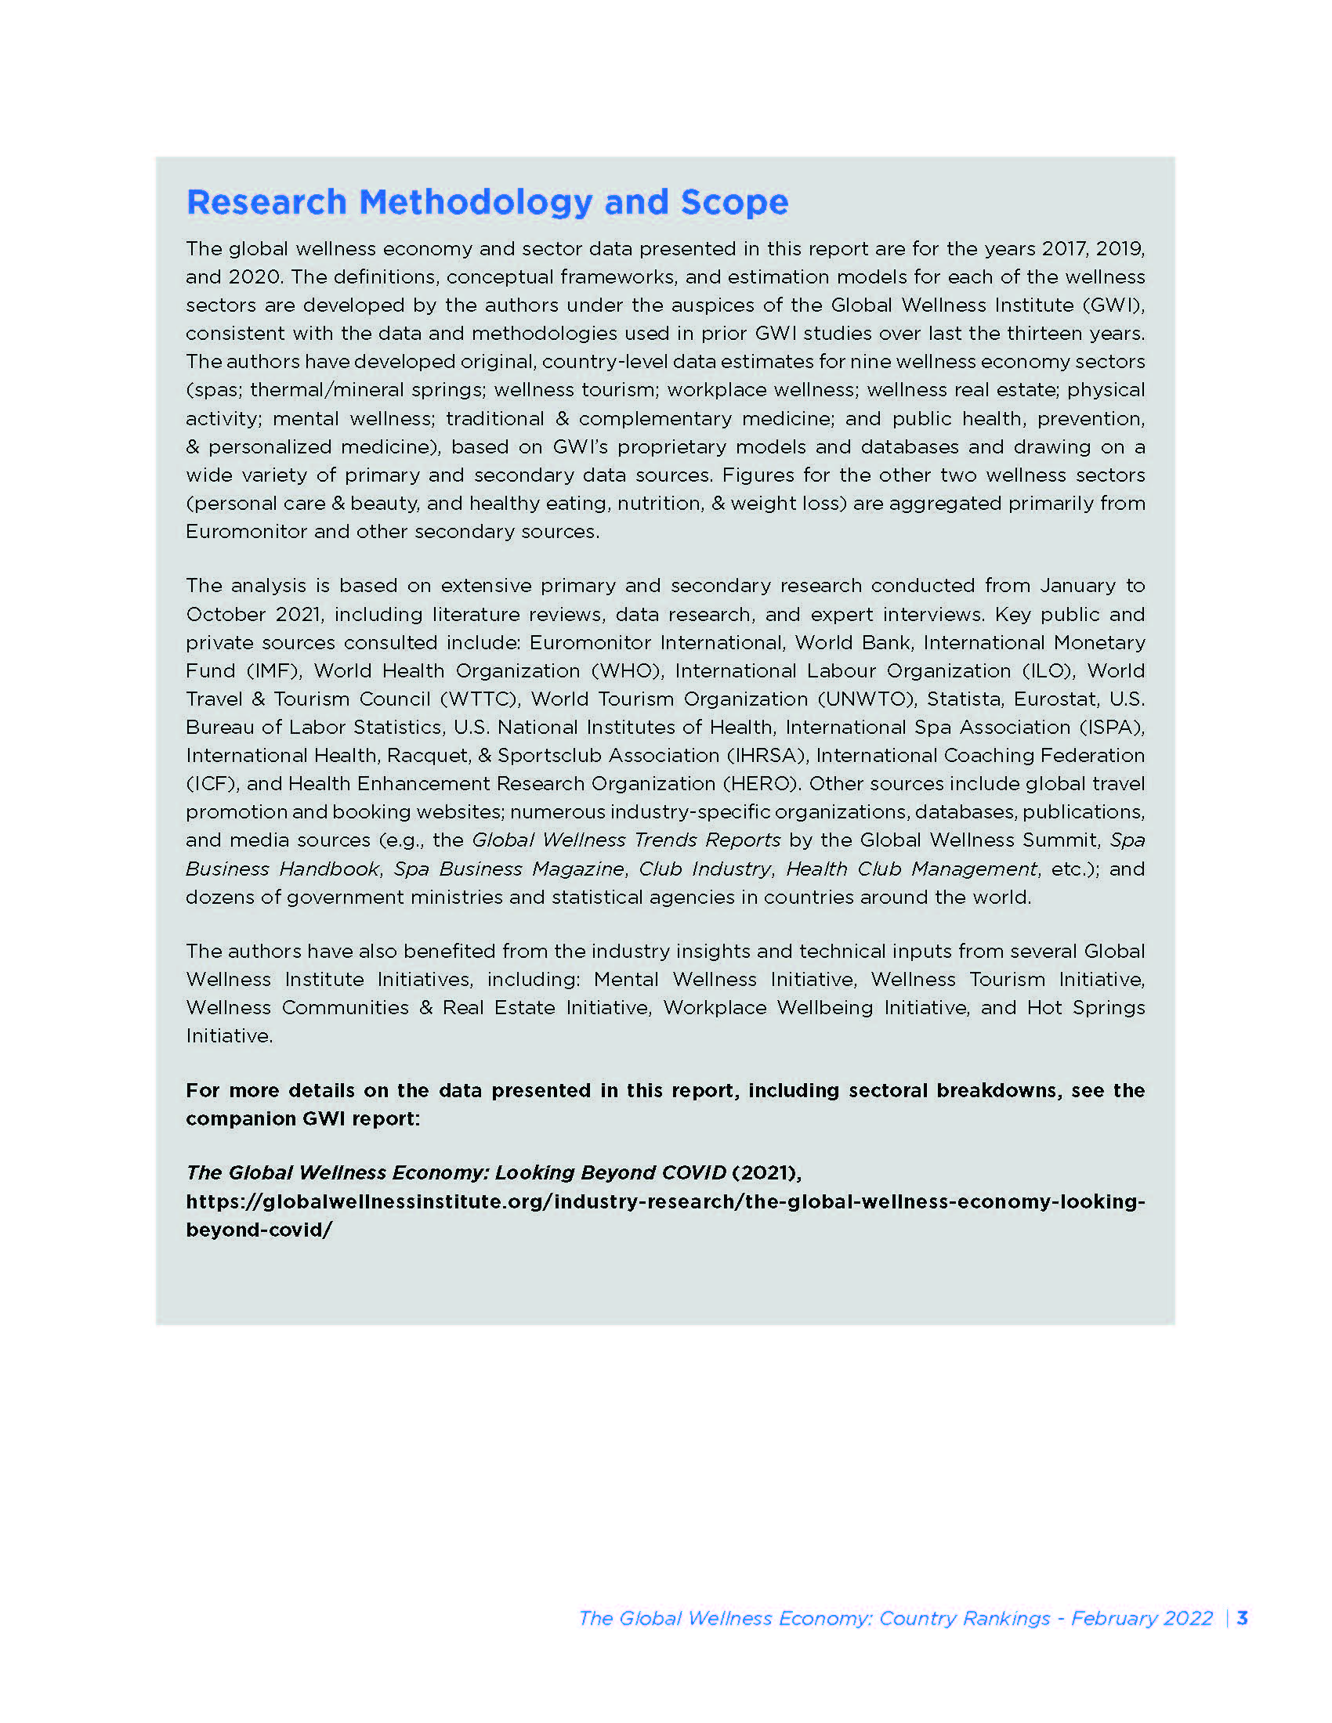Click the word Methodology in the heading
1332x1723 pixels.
pos(475,203)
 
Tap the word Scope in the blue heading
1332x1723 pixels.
pos(734,203)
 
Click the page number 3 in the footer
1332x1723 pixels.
pos(1243,1618)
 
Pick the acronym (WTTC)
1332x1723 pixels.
pos(480,699)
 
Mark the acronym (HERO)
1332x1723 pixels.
pos(761,783)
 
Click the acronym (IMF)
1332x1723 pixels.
pos(273,670)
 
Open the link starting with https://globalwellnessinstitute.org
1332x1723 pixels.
pos(665,1202)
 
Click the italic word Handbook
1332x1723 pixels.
pos(330,869)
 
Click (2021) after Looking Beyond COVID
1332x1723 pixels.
pos(766,1173)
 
